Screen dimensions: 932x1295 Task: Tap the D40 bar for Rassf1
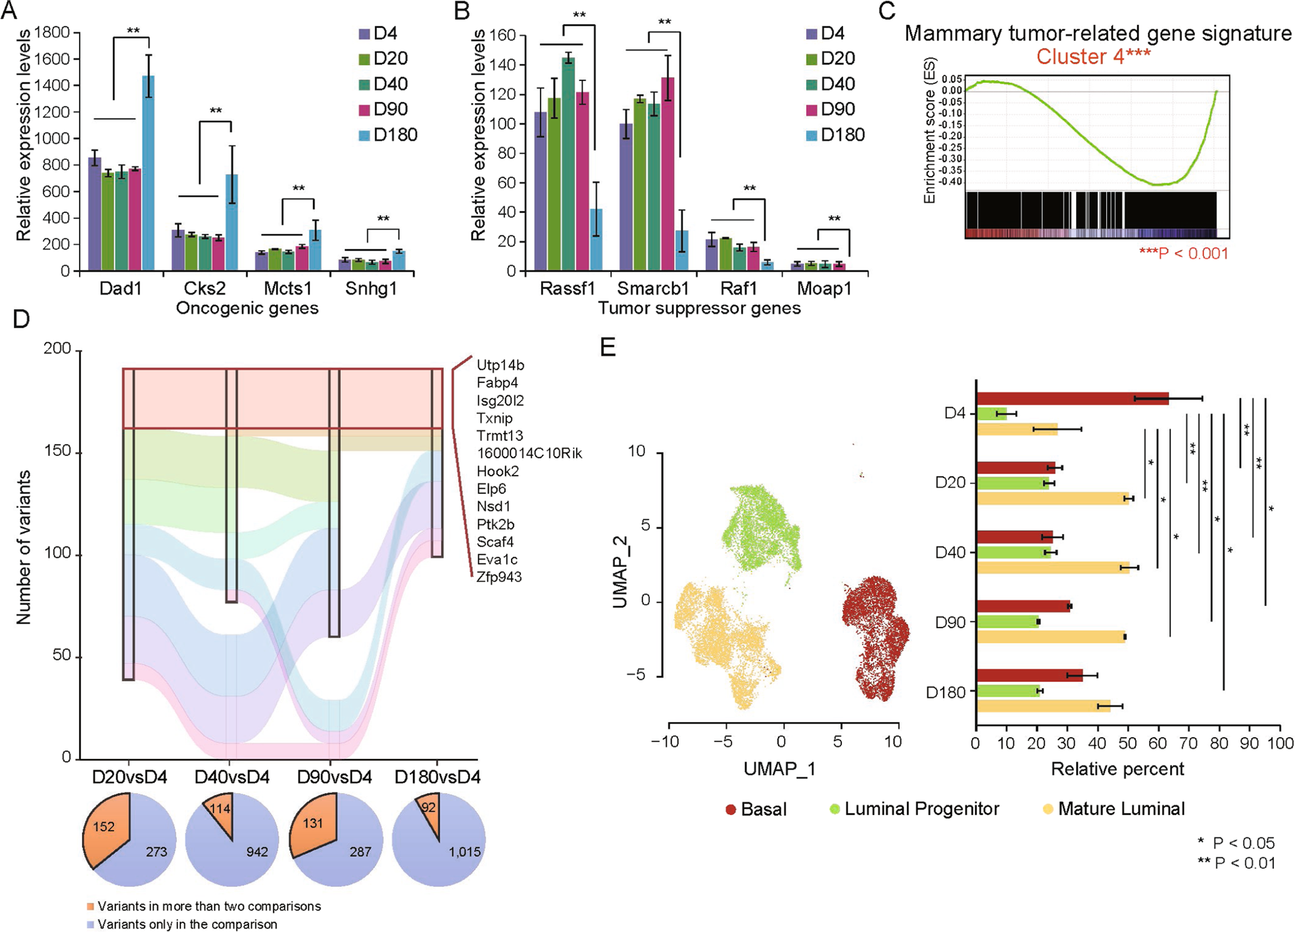pos(568,164)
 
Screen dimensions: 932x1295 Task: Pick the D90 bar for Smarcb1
pos(668,174)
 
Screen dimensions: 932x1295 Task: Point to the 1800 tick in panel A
pos(53,33)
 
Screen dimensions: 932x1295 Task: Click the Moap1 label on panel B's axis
pos(824,289)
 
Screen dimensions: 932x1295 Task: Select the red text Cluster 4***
pos(1093,57)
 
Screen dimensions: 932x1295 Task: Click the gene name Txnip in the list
pos(495,418)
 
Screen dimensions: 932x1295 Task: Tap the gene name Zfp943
pos(499,577)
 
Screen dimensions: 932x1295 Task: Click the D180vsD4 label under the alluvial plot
pos(437,777)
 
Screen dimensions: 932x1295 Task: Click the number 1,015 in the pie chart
pos(464,852)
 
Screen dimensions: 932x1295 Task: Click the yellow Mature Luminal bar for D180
pos(1043,706)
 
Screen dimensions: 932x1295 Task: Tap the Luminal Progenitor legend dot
pos(835,810)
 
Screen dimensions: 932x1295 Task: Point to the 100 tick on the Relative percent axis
pos(1280,743)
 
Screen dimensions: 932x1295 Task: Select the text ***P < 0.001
pos(1183,254)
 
